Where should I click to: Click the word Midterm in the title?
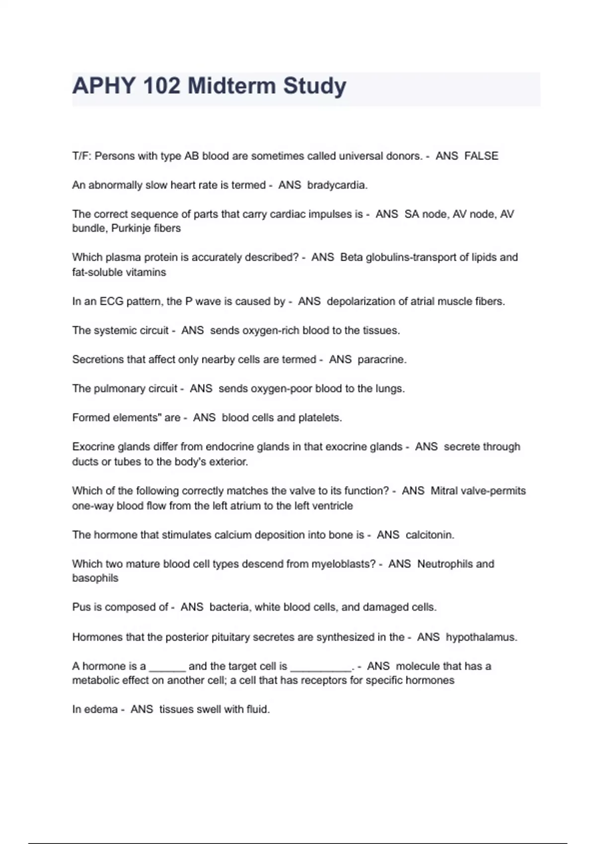click(231, 86)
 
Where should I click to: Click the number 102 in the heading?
click(161, 86)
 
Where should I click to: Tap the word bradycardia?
click(337, 185)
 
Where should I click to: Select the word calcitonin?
click(430, 535)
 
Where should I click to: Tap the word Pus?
click(80, 607)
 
